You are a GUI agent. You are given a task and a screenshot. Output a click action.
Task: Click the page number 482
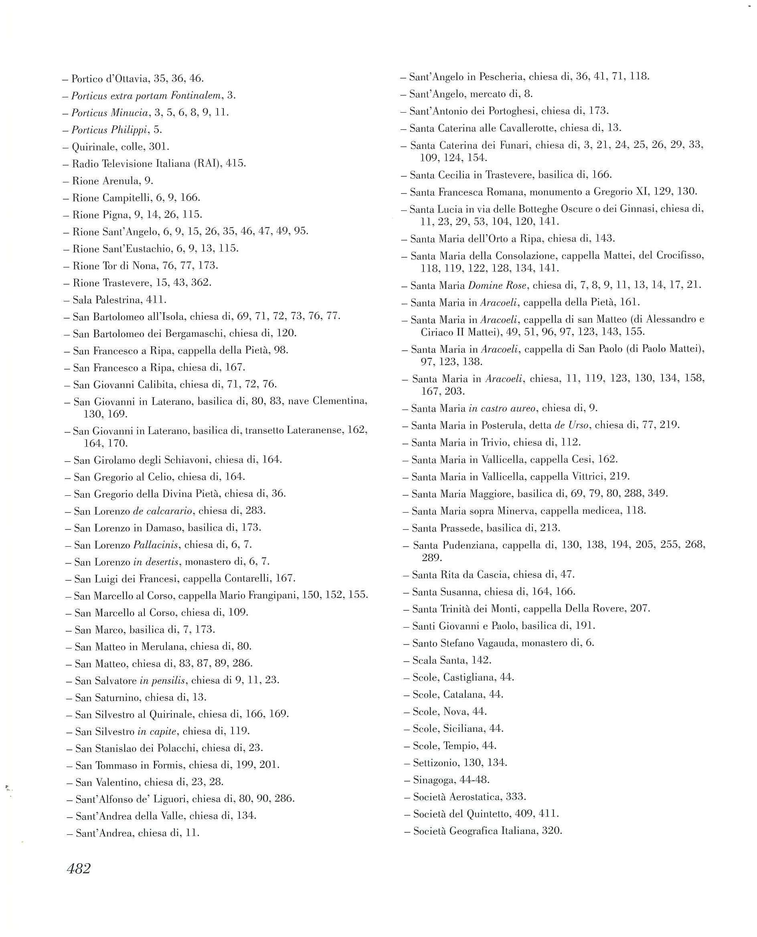[79, 869]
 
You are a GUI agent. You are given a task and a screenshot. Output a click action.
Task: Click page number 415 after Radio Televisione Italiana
[235, 164]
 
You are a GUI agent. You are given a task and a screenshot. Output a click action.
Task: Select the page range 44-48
[475, 779]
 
